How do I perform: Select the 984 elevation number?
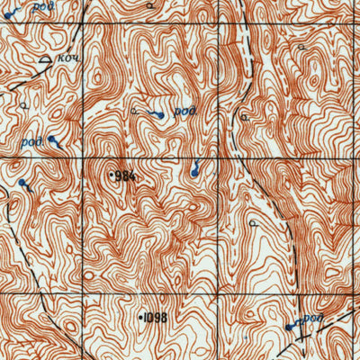[x=127, y=175]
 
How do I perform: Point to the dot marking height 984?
[x=112, y=175]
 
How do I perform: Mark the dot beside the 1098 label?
[x=142, y=317]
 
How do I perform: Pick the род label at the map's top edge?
[x=40, y=5]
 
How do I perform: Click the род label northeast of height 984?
[x=184, y=112]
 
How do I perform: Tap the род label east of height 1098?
[x=312, y=319]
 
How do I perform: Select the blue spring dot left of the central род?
[x=160, y=116]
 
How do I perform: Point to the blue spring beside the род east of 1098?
[x=289, y=328]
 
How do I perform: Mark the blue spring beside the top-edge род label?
[x=6, y=15]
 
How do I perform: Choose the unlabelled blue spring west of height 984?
[x=22, y=184]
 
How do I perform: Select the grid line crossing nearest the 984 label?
[x=86, y=160]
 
